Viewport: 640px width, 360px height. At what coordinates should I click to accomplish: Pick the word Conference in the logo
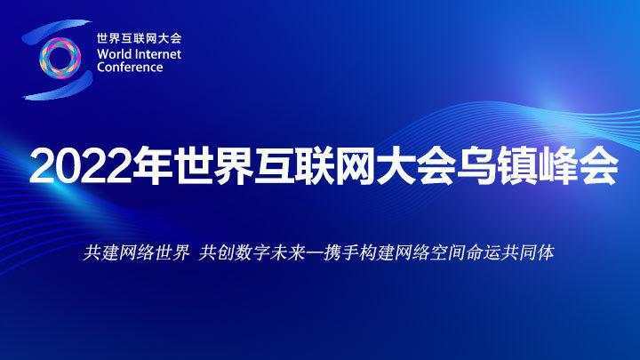[x=130, y=67]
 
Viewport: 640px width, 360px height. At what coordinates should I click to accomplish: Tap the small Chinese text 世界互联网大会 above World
[x=140, y=38]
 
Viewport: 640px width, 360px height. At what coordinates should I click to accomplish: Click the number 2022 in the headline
[x=81, y=166]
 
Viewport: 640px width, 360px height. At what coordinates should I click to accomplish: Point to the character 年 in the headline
[x=153, y=166]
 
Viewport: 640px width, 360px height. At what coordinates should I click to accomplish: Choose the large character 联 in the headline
[x=315, y=166]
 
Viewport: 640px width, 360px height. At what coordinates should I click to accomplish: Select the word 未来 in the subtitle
[x=287, y=252]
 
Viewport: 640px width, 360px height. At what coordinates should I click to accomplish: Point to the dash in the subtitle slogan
[x=315, y=253]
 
